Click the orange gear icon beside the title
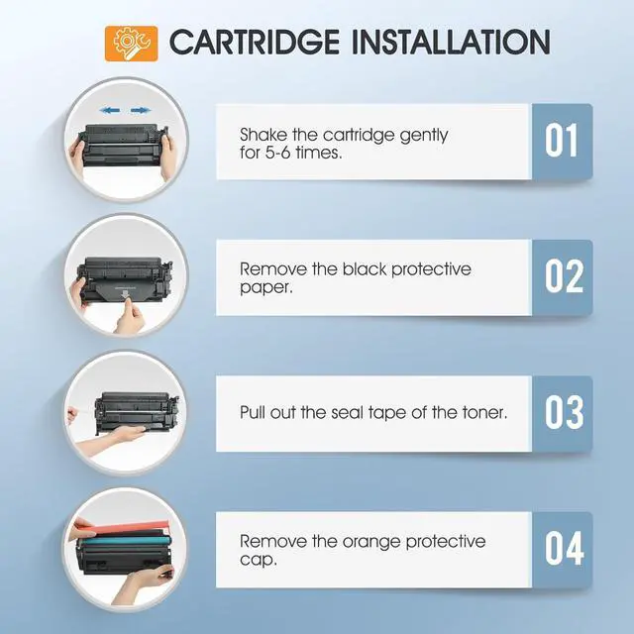pos(131,43)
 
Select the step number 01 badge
pos(562,142)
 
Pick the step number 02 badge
pos(562,277)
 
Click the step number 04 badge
pos(562,548)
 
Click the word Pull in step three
pos(255,412)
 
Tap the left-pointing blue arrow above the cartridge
pos(109,111)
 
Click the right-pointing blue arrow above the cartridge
pos(142,111)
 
